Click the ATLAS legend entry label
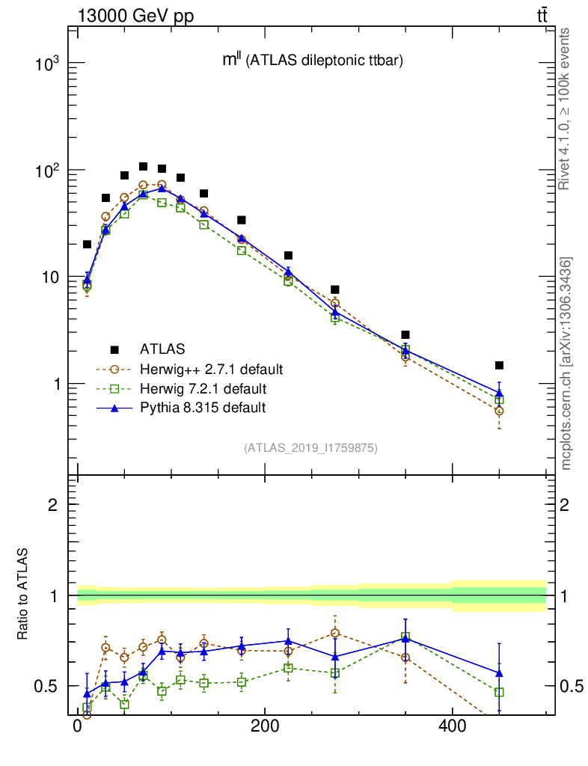click(x=162, y=349)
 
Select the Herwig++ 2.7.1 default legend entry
click(x=210, y=369)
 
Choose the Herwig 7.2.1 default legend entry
click(x=202, y=388)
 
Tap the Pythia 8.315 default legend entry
click(x=202, y=408)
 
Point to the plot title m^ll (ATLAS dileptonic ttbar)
click(x=313, y=61)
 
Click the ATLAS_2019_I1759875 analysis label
click(x=310, y=448)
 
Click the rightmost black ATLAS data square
click(x=499, y=365)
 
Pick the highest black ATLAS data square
click(x=143, y=167)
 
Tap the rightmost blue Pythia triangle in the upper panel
click(x=499, y=393)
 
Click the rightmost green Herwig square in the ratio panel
click(x=499, y=692)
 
